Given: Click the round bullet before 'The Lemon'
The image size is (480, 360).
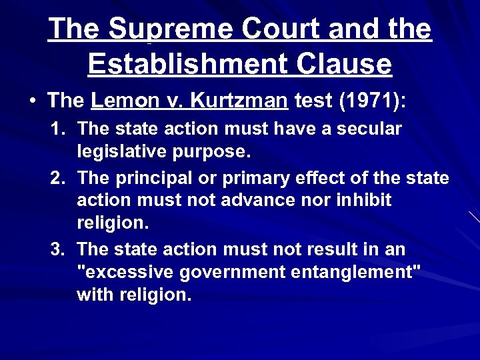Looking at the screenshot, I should (33, 102).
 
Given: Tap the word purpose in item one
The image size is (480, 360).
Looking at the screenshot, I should (212, 152).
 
